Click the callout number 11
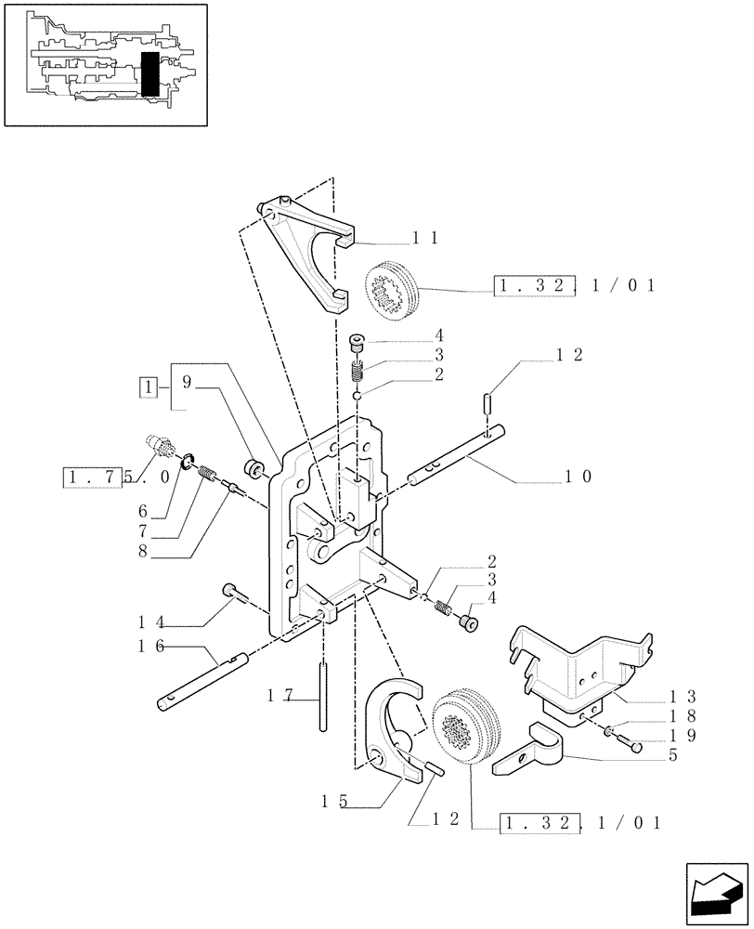pyautogui.click(x=425, y=239)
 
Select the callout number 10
pyautogui.click(x=578, y=477)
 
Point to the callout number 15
pyautogui.click(x=333, y=800)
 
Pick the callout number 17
pyautogui.click(x=279, y=695)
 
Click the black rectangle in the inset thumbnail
pyautogui.click(x=149, y=73)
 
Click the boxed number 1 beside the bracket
pyautogui.click(x=147, y=386)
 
